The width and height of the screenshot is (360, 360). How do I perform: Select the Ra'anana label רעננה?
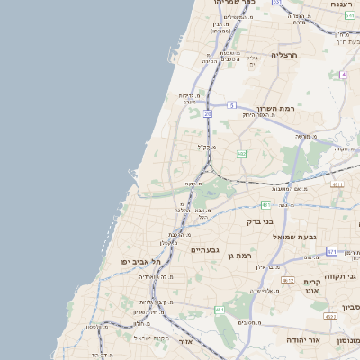[341, 4]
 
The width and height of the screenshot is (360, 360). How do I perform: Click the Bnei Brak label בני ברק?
[265, 220]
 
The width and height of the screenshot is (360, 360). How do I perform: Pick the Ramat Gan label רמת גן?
[243, 256]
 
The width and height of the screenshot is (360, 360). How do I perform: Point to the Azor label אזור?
[185, 342]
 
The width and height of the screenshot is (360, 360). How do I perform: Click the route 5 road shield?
[231, 105]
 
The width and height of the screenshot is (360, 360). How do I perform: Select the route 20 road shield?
[208, 114]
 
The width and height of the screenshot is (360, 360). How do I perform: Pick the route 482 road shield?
[242, 155]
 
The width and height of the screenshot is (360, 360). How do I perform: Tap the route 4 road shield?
[344, 75]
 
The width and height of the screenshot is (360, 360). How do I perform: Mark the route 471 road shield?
[332, 251]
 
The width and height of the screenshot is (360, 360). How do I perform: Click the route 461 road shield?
[220, 310]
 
